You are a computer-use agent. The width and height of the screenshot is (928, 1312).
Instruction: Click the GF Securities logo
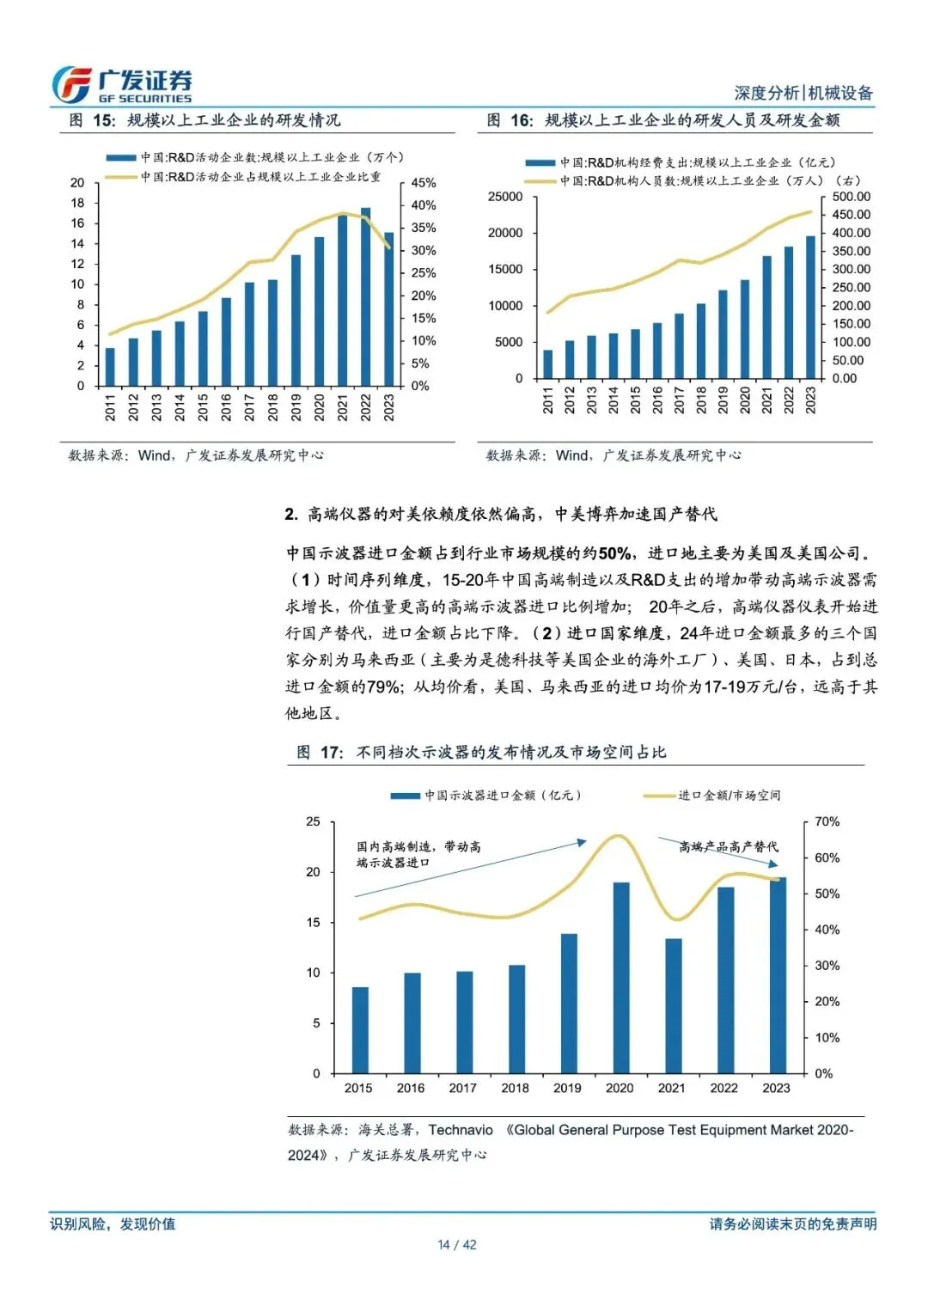tap(121, 85)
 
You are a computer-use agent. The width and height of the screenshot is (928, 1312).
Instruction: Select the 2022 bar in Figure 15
tap(365, 296)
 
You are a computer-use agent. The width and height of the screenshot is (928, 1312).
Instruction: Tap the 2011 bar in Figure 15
tap(110, 367)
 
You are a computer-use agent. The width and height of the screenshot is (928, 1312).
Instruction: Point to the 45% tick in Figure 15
tap(423, 183)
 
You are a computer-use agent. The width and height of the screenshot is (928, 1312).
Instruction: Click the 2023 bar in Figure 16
tap(810, 307)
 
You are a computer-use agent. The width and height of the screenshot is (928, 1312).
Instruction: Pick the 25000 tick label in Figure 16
tap(505, 197)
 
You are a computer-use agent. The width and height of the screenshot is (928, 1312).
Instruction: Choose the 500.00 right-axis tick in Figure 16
tap(851, 197)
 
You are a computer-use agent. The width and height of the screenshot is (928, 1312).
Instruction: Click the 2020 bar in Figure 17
tap(620, 978)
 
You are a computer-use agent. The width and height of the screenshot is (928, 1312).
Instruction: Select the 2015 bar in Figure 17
tap(360, 1030)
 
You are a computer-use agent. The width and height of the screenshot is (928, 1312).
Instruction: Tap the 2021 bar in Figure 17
tap(673, 1006)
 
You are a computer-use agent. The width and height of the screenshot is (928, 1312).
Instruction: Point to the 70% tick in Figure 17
tap(827, 822)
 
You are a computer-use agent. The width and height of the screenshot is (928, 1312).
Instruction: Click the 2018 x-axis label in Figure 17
tap(515, 1088)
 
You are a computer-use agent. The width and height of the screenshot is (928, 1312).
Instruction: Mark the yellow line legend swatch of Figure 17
tap(659, 796)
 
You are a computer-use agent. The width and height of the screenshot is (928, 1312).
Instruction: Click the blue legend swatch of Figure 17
tap(406, 796)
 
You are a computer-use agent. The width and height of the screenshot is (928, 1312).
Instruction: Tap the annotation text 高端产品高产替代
tap(729, 847)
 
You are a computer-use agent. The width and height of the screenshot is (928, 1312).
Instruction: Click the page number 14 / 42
tap(457, 1245)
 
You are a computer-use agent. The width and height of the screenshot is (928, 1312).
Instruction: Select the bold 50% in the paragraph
tap(614, 553)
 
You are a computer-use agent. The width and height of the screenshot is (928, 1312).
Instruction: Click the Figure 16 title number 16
tap(521, 120)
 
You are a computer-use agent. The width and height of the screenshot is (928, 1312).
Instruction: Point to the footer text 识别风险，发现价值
tap(113, 1224)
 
